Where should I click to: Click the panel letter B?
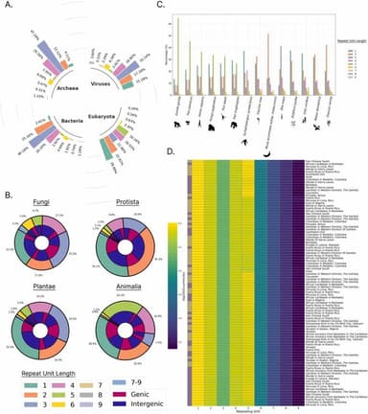[x=8, y=170]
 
